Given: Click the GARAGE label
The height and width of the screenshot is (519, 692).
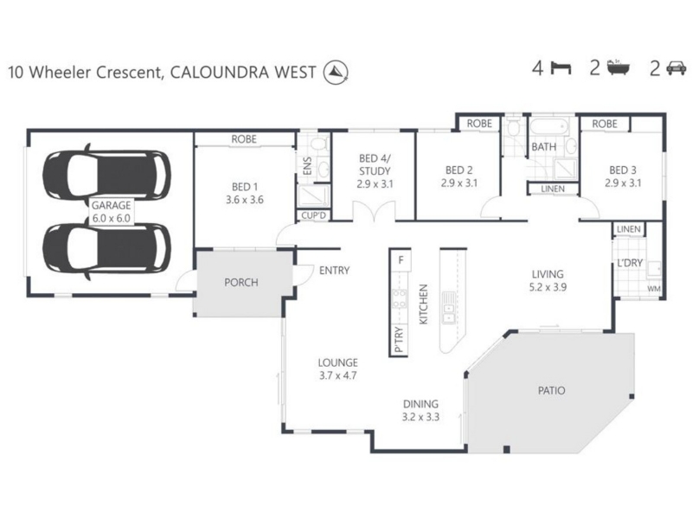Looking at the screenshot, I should click(x=111, y=207).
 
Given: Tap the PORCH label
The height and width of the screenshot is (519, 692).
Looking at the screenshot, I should click(x=241, y=282).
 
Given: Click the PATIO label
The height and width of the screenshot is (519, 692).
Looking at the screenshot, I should click(x=550, y=391).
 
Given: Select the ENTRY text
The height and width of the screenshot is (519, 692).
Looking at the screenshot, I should click(x=334, y=271).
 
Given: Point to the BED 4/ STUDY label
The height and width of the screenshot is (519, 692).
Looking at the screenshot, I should click(x=375, y=164).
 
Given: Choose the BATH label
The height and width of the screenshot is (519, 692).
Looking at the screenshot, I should click(x=543, y=147).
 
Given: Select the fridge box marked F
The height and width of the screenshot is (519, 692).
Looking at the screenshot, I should click(x=400, y=259).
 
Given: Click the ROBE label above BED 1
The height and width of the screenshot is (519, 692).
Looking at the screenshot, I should click(x=243, y=138).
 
